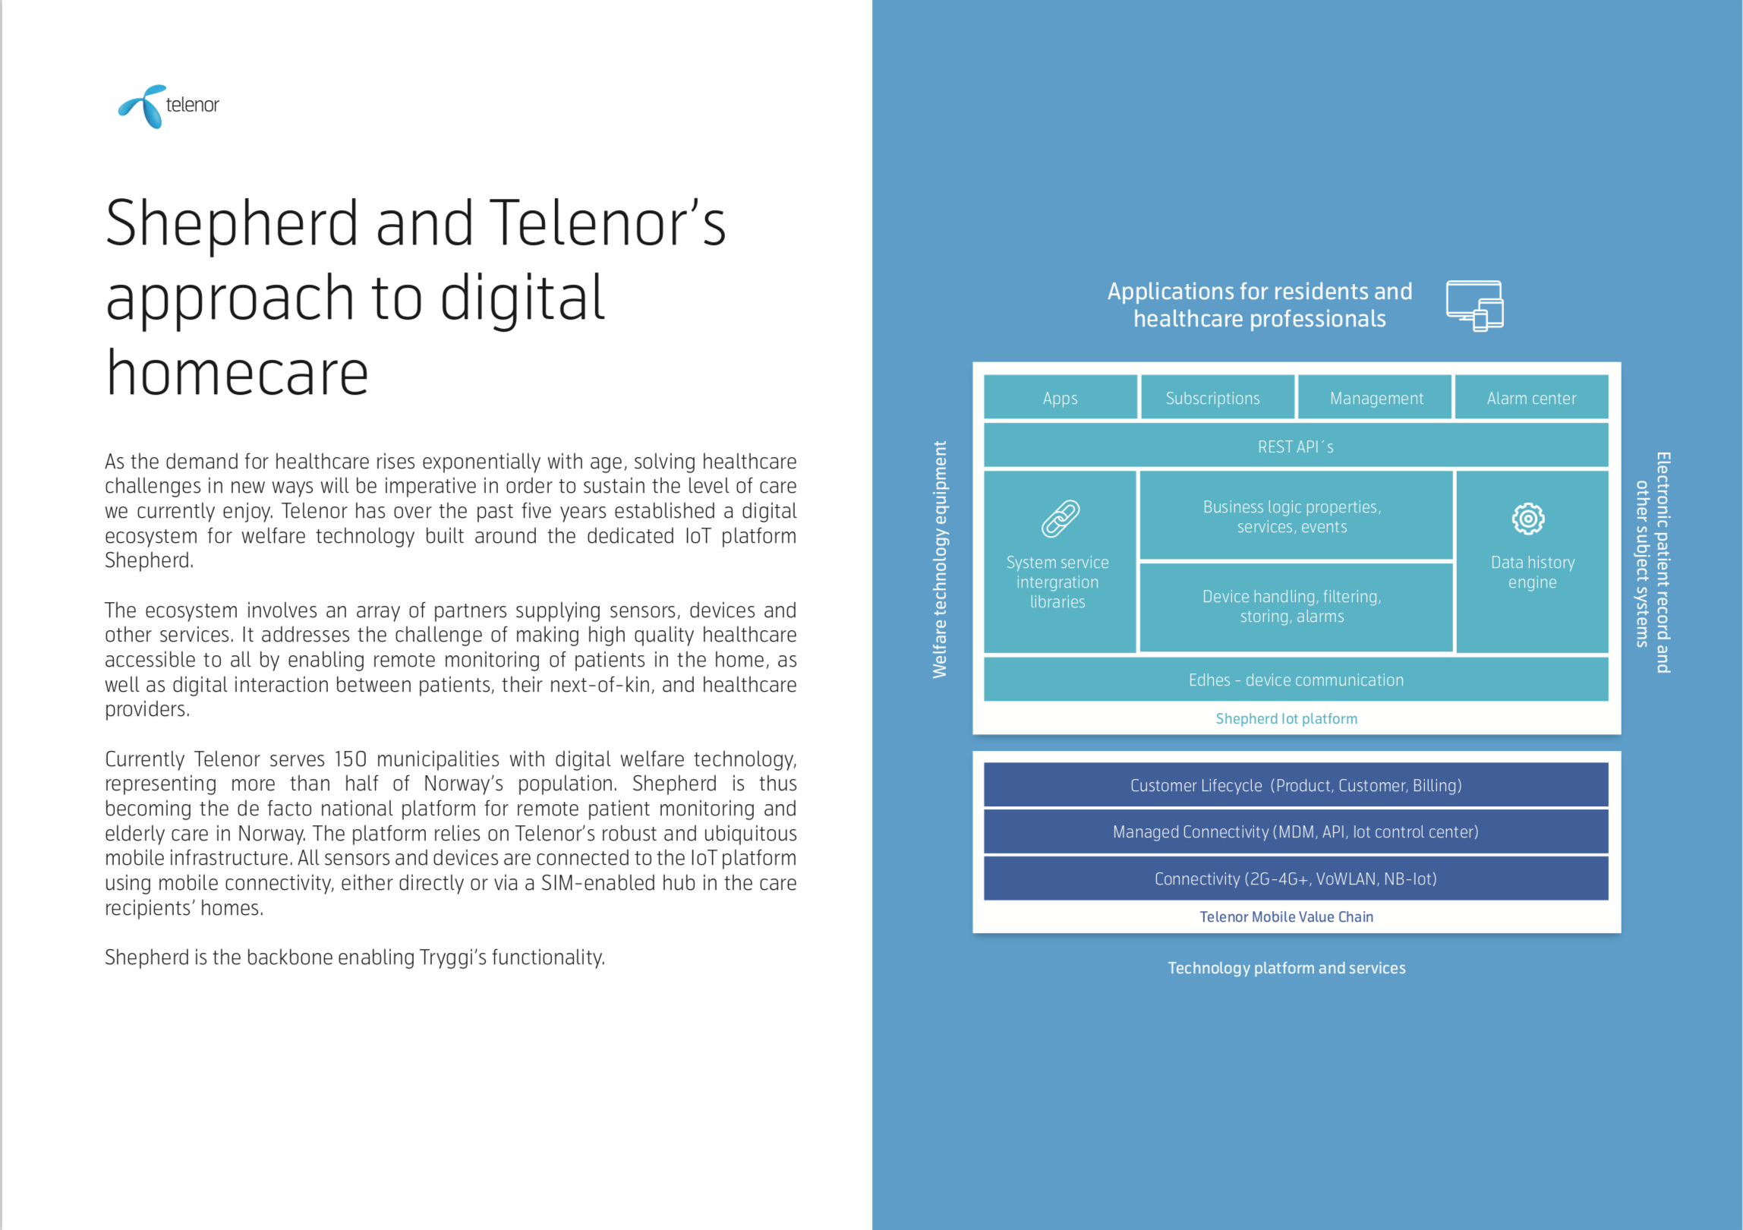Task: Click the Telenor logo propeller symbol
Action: (x=142, y=106)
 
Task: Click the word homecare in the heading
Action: (x=237, y=374)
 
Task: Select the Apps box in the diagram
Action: (x=1060, y=398)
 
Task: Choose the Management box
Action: (x=1376, y=398)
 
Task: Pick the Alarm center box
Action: (x=1530, y=398)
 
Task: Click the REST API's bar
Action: (x=1295, y=446)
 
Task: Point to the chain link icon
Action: (x=1060, y=519)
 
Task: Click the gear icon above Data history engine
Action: (x=1527, y=519)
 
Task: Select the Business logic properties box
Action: (x=1295, y=516)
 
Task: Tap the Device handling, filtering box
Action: (x=1295, y=607)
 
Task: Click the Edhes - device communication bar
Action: (x=1295, y=680)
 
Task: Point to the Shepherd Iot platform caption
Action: (x=1286, y=718)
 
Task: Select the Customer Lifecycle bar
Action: (x=1295, y=785)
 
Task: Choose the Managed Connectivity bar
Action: (x=1295, y=831)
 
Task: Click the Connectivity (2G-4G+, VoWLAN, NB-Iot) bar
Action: (x=1295, y=878)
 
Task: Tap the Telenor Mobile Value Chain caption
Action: (x=1286, y=916)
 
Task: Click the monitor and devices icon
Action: (x=1474, y=305)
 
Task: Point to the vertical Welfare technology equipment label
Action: (x=940, y=560)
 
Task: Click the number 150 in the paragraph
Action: (x=350, y=759)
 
